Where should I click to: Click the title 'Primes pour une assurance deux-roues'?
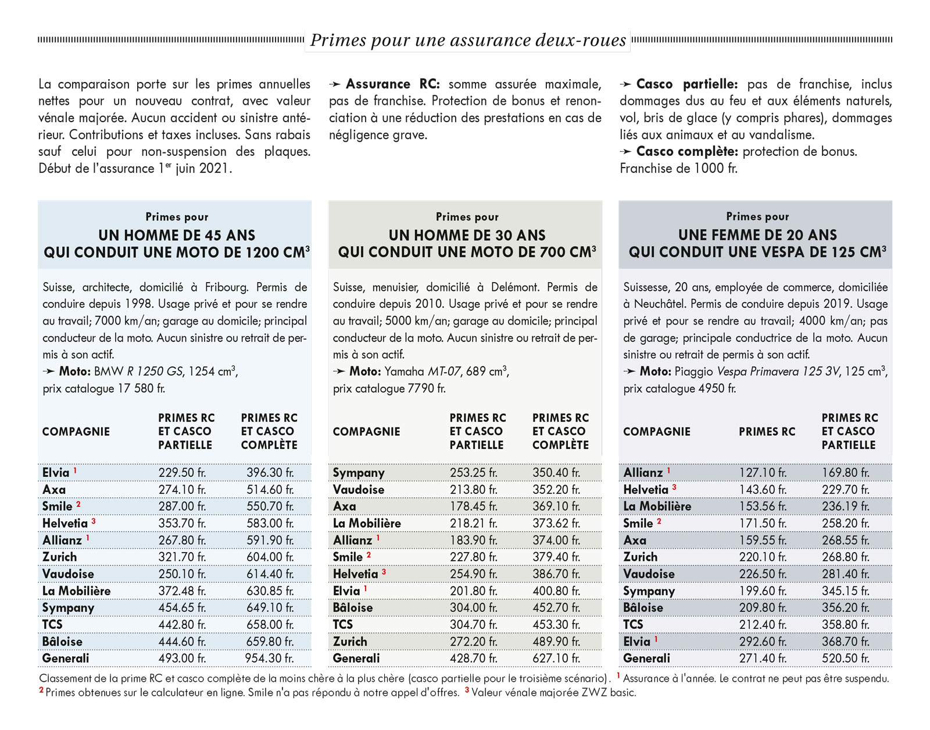[468, 40]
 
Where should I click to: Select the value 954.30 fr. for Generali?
[269, 658]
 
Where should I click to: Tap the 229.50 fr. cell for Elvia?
[182, 473]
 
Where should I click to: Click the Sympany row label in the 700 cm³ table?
[359, 473]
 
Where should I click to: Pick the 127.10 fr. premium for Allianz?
[763, 473]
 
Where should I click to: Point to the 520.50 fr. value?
[845, 658]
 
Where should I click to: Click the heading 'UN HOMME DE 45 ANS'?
[177, 235]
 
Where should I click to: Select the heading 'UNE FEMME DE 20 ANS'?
[757, 235]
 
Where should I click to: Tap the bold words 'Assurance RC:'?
[392, 84]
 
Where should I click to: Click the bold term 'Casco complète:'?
[688, 152]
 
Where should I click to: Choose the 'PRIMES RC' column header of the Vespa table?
[767, 432]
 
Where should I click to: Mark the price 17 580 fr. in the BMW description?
[141, 389]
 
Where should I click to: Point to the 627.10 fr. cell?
[556, 658]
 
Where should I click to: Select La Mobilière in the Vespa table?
[657, 507]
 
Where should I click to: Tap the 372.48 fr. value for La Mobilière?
[182, 591]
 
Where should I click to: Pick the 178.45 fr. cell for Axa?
[473, 507]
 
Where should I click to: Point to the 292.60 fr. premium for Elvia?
[763, 642]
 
